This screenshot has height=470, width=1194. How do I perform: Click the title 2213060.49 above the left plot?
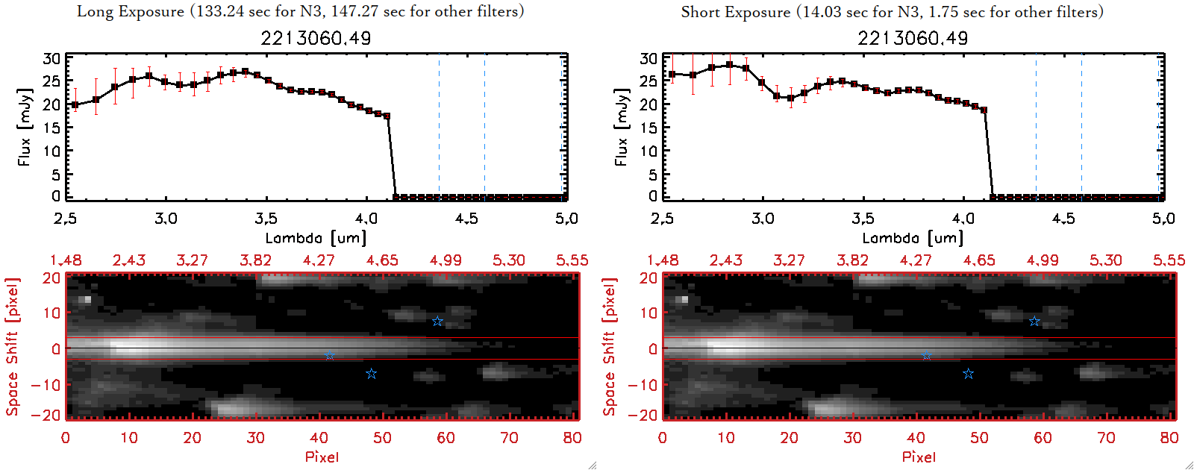316,38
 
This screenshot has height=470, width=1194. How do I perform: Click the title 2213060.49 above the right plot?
913,38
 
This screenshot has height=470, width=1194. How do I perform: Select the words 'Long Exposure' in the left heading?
131,12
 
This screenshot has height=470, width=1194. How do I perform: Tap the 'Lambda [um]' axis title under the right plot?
913,238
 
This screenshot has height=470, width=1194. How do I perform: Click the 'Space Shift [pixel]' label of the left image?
12,347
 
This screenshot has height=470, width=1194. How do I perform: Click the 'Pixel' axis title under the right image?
919,457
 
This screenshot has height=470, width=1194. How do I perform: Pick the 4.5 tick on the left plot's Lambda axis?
466,219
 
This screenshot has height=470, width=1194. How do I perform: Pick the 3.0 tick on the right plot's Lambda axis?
763,219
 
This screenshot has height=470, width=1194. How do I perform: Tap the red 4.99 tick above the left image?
446,260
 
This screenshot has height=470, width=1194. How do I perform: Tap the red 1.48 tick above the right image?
663,260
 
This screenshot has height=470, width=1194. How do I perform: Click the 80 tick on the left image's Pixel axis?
572,438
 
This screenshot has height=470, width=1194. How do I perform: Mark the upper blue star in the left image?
437,322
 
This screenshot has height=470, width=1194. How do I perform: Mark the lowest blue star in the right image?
968,374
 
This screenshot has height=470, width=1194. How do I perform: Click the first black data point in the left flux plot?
75,105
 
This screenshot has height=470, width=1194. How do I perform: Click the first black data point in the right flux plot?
672,74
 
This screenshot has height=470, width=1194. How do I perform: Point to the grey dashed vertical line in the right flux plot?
1081,127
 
